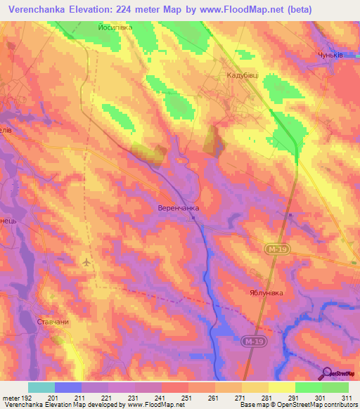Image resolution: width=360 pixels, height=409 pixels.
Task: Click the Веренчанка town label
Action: pyautogui.click(x=177, y=209)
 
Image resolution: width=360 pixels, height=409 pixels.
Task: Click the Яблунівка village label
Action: pyautogui.click(x=270, y=293)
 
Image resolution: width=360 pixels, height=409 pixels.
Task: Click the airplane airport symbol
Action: pyautogui.click(x=86, y=263)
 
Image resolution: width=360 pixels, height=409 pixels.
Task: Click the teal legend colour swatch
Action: pyautogui.click(x=41, y=387)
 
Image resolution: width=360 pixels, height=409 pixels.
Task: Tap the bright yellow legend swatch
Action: pyautogui.click(x=281, y=387)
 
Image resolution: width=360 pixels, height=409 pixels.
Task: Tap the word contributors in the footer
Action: pyautogui.click(x=337, y=405)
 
